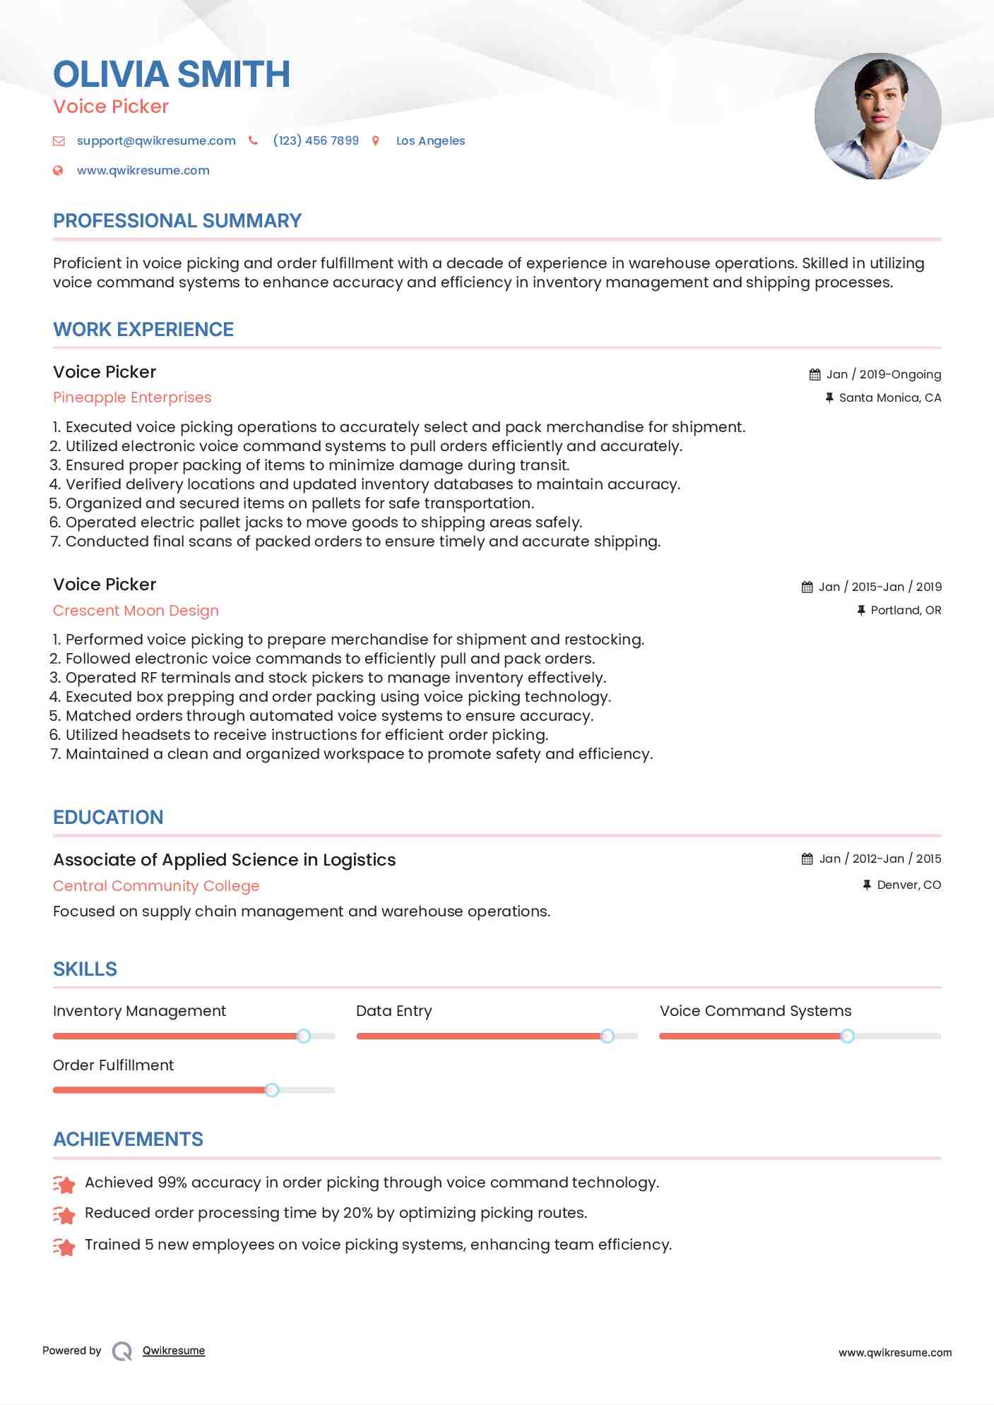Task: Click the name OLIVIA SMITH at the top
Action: (172, 75)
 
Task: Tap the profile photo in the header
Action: (877, 116)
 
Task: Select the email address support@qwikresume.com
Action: (156, 140)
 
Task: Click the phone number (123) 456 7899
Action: (316, 140)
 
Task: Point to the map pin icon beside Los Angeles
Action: (376, 141)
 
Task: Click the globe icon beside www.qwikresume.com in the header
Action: (59, 170)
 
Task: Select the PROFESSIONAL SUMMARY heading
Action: (177, 221)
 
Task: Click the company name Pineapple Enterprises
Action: (132, 397)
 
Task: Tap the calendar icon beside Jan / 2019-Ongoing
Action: (815, 374)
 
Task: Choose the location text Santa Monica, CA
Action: (890, 397)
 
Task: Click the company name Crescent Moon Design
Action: (136, 610)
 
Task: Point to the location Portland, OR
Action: (906, 610)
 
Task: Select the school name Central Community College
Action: (156, 885)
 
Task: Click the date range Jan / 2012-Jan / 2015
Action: (880, 859)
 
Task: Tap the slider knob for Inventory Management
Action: (304, 1036)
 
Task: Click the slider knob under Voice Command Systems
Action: (847, 1036)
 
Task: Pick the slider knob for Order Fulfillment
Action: (272, 1090)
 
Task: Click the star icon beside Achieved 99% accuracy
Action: (64, 1183)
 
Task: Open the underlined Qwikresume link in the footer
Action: (174, 1351)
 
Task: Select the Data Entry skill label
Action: (394, 1011)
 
